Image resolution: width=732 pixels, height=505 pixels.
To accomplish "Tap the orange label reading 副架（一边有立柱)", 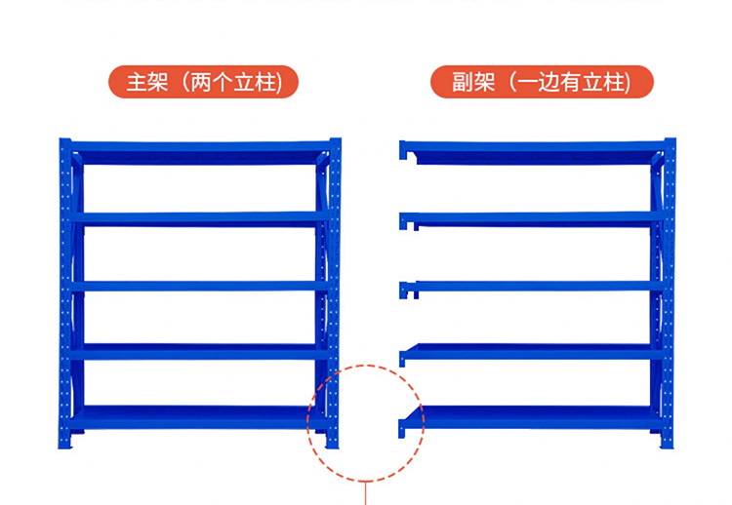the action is pos(542,82).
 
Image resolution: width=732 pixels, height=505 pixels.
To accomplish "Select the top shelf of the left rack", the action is pos(195,154).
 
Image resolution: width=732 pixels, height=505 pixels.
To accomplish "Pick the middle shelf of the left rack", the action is pos(195,286).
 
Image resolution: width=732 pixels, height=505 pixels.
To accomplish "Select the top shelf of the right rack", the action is pos(532,152).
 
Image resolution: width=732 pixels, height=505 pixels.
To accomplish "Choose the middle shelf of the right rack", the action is pos(532,286).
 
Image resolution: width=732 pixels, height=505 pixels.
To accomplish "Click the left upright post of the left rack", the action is pos(65,292).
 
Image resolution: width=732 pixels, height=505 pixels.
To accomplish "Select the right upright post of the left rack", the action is pos(334,292).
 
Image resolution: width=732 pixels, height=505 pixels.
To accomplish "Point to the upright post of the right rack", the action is pos(669,292).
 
